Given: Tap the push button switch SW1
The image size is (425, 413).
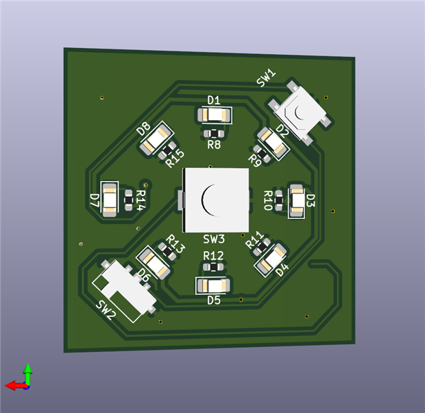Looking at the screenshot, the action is click(300, 113).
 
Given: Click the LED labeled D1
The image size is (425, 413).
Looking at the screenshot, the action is click(214, 115).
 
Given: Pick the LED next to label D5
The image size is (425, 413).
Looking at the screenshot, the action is click(212, 285).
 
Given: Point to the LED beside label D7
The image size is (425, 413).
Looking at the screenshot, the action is click(110, 200).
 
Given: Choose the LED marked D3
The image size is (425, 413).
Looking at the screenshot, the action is click(297, 200).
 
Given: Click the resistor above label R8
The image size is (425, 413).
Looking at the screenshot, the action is click(214, 134).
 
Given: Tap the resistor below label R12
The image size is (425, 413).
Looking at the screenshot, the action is click(213, 268).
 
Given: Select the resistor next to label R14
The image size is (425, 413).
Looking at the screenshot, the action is click(128, 200).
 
